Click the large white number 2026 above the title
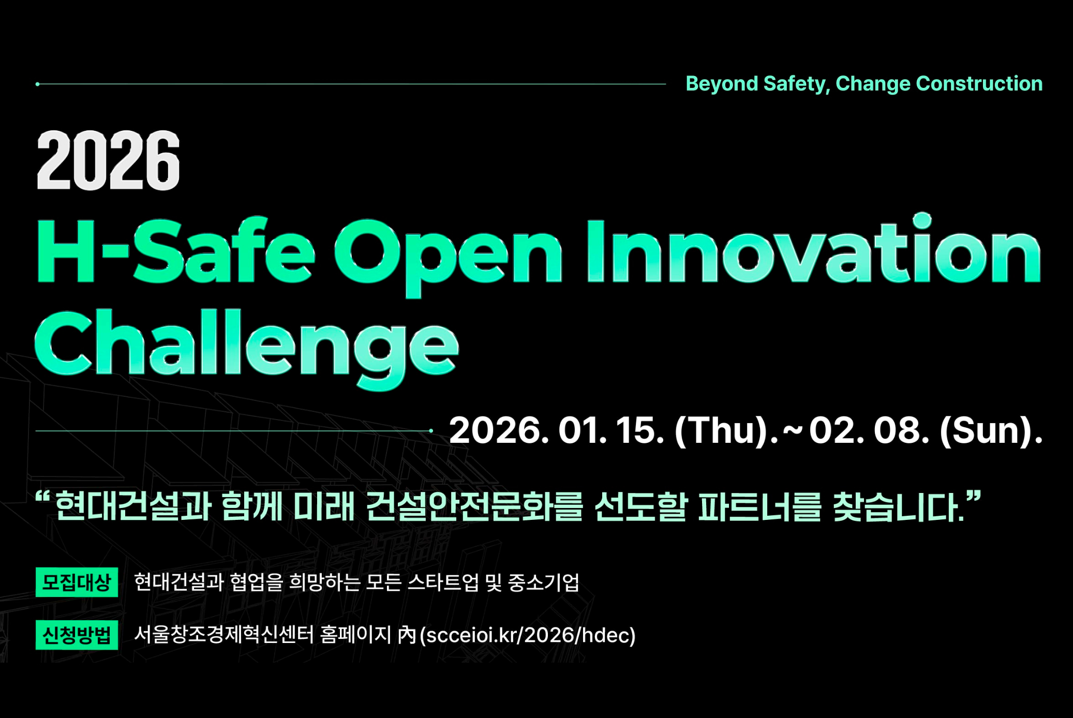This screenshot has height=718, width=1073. [x=108, y=160]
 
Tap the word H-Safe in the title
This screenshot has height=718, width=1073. [x=175, y=251]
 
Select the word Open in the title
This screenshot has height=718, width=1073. [x=448, y=258]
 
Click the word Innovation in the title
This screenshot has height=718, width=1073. [x=813, y=248]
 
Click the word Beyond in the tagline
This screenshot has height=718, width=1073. [x=722, y=84]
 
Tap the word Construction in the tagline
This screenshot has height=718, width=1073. [x=979, y=83]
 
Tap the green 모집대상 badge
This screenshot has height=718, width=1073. [x=77, y=582]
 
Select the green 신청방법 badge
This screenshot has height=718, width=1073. [x=77, y=635]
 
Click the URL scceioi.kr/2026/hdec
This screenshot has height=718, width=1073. [x=528, y=635]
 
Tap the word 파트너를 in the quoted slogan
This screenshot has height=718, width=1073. [x=759, y=506]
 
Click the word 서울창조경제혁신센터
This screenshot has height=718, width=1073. [x=224, y=635]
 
